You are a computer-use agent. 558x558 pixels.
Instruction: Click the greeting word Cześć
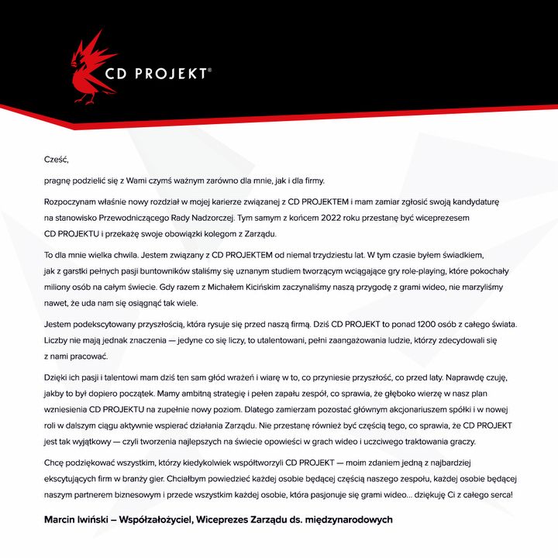(57, 160)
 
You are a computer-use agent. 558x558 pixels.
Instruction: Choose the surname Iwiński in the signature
(107, 519)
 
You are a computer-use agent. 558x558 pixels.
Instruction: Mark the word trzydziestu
(315, 254)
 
